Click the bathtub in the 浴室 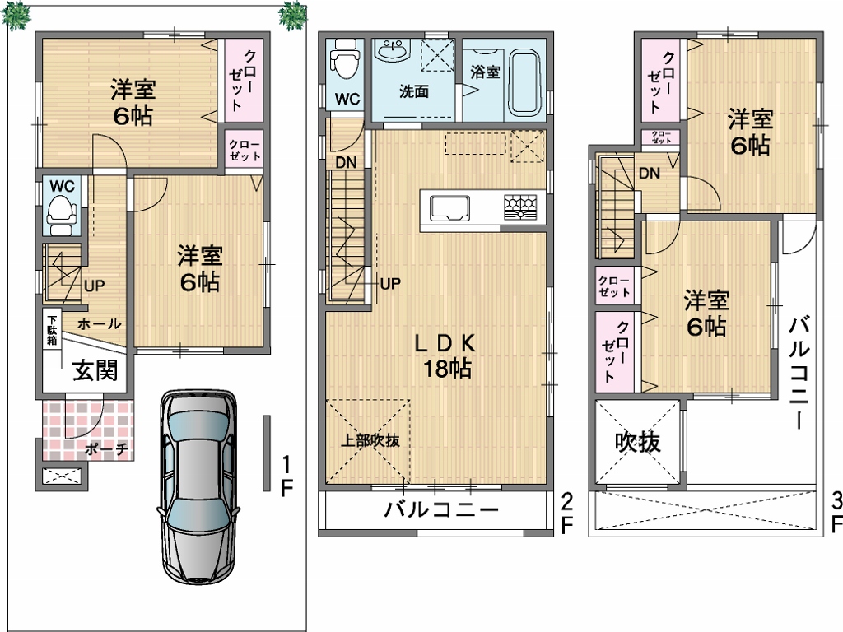[524, 83]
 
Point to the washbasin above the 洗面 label [393, 50]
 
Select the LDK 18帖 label [446, 355]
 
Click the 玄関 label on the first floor [95, 370]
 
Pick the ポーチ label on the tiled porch [106, 448]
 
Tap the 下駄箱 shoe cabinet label [52, 328]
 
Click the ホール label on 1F [100, 323]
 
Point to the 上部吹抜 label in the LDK [370, 441]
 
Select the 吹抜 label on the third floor [638, 442]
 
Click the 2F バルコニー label [441, 509]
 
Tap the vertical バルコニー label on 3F [799, 374]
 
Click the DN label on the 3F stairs [650, 173]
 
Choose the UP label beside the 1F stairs [94, 286]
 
